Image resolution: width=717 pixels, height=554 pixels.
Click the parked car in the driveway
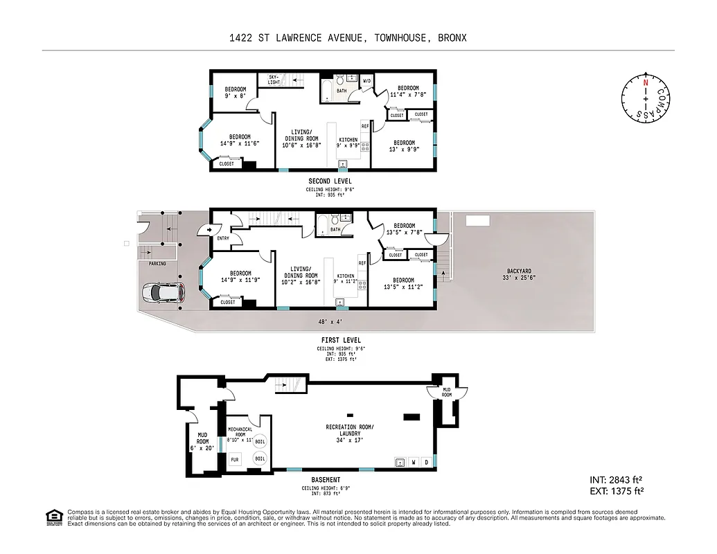pyautogui.click(x=163, y=293)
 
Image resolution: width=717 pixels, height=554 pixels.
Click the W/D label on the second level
pyautogui.click(x=367, y=81)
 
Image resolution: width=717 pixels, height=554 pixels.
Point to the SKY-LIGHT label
pyautogui.click(x=274, y=80)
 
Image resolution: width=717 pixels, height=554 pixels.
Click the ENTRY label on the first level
pyautogui.click(x=222, y=238)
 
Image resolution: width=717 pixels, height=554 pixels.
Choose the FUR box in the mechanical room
pyautogui.click(x=235, y=458)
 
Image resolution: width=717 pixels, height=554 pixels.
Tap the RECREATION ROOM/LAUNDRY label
pyautogui.click(x=349, y=430)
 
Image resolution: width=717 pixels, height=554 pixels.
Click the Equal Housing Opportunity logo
pyautogui.click(x=54, y=517)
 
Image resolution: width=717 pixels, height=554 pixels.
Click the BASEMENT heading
pyautogui.click(x=326, y=480)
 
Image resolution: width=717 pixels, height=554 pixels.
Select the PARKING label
pyautogui.click(x=157, y=264)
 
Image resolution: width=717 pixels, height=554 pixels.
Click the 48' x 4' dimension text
pyautogui.click(x=330, y=322)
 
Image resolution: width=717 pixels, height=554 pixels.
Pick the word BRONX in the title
pyautogui.click(x=449, y=38)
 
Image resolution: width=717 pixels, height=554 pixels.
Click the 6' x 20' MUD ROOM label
pyautogui.click(x=202, y=442)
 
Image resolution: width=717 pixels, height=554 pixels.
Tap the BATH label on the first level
pyautogui.click(x=335, y=230)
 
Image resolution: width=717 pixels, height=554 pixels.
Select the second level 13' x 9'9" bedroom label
pyautogui.click(x=404, y=146)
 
